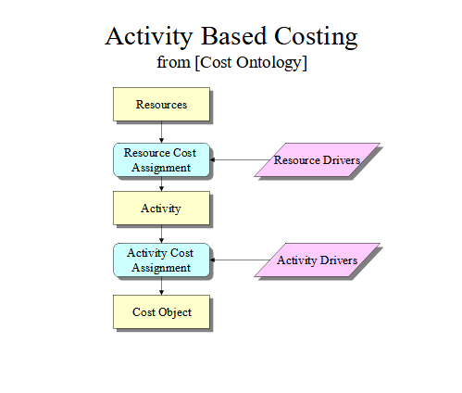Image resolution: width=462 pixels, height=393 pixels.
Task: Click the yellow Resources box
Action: pyautogui.click(x=161, y=104)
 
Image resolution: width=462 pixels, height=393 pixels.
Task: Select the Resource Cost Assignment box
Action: pyautogui.click(x=161, y=160)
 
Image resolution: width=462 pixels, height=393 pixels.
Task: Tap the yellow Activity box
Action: pyautogui.click(x=161, y=208)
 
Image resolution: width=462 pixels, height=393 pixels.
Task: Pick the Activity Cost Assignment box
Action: pyautogui.click(x=161, y=260)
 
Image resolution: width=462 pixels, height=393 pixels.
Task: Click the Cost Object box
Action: pyautogui.click(x=161, y=311)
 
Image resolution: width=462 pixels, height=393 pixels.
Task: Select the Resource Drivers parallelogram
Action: pyautogui.click(x=317, y=160)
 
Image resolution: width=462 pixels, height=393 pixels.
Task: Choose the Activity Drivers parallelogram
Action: pyautogui.click(x=317, y=260)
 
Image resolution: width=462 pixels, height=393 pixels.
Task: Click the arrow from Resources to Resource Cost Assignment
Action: pyautogui.click(x=161, y=132)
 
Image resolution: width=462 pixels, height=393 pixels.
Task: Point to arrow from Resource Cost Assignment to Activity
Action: pyautogui.click(x=161, y=184)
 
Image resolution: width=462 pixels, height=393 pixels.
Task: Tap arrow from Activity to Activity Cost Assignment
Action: pyautogui.click(x=161, y=234)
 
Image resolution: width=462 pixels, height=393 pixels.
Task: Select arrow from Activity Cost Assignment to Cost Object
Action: pyautogui.click(x=161, y=286)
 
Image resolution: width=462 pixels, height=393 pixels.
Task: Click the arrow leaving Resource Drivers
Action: pyautogui.click(x=240, y=159)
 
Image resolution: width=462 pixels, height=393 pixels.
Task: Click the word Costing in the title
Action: pyautogui.click(x=316, y=37)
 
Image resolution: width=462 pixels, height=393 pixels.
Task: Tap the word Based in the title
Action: pyautogui.click(x=233, y=36)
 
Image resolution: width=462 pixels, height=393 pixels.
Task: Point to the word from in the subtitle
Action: pyautogui.click(x=173, y=62)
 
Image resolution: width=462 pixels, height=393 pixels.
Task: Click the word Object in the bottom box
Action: pyautogui.click(x=175, y=312)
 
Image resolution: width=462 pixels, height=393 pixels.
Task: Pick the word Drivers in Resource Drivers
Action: pyautogui.click(x=342, y=160)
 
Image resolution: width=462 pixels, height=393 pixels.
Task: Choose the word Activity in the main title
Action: pyautogui.click(x=149, y=37)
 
